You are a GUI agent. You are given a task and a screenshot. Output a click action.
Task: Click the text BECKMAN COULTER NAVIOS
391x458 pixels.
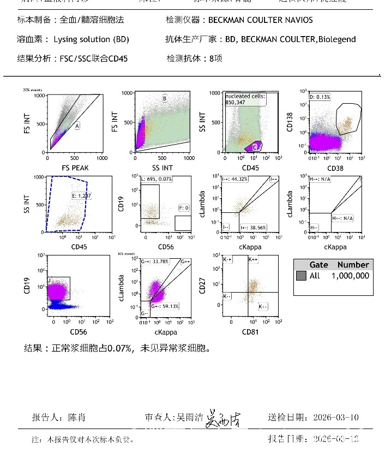(261, 20)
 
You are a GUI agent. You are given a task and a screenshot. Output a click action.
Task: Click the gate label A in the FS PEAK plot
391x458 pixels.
(77, 126)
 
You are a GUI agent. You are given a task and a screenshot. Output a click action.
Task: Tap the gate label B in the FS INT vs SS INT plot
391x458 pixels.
(164, 98)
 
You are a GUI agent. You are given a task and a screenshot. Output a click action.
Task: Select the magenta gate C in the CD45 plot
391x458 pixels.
(255, 146)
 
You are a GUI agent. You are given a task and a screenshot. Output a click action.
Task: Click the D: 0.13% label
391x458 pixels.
(321, 97)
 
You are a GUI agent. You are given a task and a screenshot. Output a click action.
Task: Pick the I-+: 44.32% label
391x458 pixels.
(236, 179)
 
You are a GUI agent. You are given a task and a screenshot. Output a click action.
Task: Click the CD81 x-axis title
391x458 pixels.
(250, 331)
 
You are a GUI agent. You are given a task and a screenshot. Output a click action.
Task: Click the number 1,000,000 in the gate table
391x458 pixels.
(350, 276)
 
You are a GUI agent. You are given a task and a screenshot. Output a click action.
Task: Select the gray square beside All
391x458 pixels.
(301, 276)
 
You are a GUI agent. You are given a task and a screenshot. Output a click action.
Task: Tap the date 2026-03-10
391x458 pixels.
(336, 418)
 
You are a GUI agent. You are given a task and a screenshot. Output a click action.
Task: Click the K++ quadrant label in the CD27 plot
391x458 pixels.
(254, 260)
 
